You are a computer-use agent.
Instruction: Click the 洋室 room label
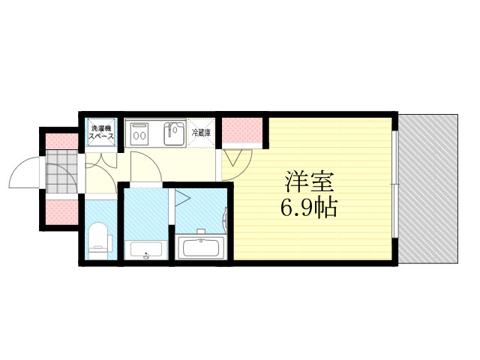pos(308,181)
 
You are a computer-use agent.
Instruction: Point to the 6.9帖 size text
pos(308,208)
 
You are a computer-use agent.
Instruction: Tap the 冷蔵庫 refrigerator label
pos(201,133)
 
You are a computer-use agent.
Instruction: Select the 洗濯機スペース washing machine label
pos(101,132)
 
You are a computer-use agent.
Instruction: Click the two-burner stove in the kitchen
pos(139,134)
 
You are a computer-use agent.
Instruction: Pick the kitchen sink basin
pos(175,133)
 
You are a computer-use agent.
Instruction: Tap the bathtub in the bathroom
pos(201,247)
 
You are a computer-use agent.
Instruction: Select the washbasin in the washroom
pos(145,250)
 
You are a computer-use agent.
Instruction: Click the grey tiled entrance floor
pos(61,172)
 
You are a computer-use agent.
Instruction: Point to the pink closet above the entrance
pos(61,142)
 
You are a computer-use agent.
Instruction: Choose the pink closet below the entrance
pos(61,212)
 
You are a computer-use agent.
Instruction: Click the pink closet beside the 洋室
pos(242,130)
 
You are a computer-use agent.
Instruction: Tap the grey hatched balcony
pos(428,188)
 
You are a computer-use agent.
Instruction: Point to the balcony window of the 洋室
pos(395,184)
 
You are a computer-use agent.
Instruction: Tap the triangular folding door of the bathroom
pos(182,198)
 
